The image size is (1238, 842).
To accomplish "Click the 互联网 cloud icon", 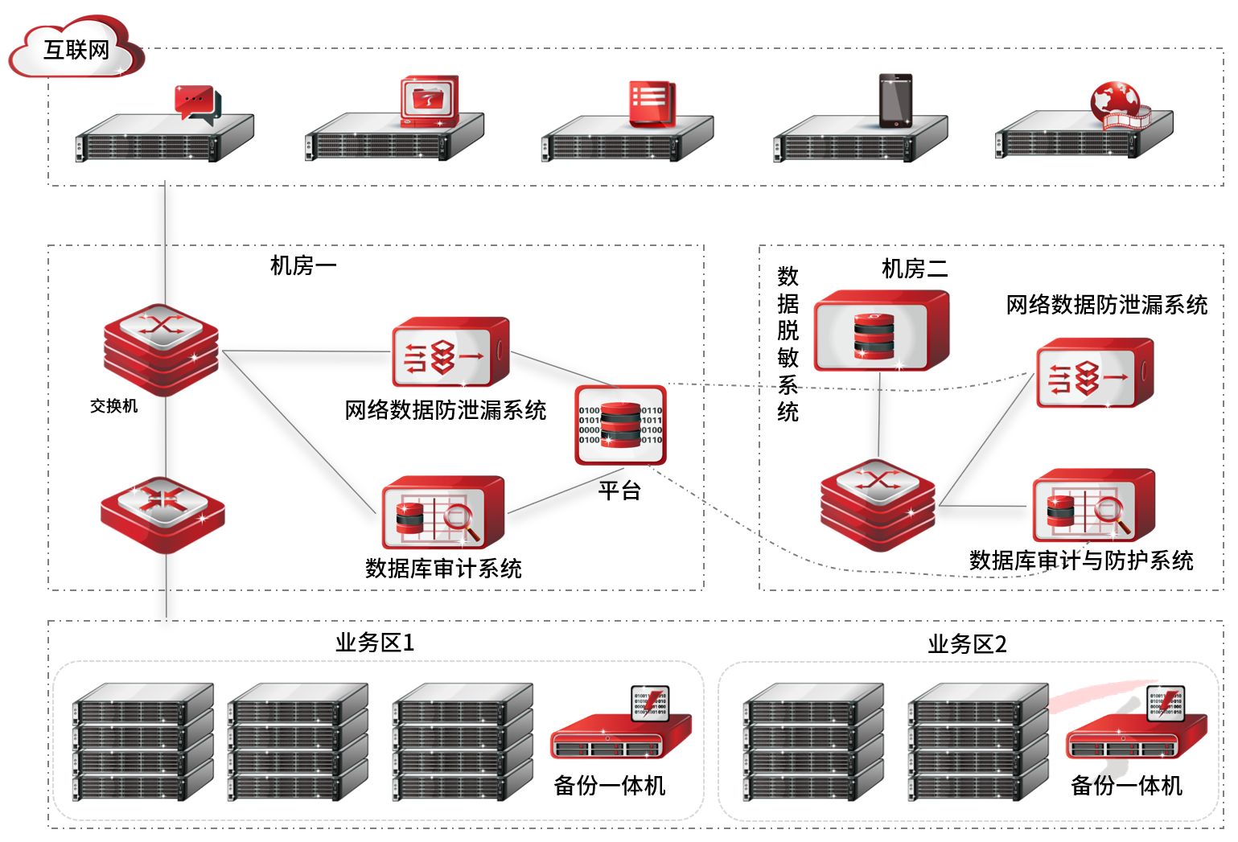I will point(76,50).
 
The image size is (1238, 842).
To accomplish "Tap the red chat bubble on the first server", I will point(195,103).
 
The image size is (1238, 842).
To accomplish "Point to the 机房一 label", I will point(302,265).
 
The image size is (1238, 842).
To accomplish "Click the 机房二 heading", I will point(914,269).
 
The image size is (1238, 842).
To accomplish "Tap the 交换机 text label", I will point(113,406).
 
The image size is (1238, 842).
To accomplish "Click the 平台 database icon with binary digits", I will point(620,425).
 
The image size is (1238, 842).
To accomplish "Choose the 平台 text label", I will point(619,490).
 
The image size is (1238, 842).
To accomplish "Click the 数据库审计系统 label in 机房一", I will point(443,569).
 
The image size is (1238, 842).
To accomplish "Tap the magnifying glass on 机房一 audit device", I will point(461,520).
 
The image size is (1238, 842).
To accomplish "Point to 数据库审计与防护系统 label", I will point(1080,561).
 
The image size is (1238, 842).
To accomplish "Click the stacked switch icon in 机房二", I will point(878,504).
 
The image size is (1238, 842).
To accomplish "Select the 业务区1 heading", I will point(375,643).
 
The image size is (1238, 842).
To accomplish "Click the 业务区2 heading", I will point(967,644).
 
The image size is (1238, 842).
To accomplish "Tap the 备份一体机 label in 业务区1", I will point(609,786).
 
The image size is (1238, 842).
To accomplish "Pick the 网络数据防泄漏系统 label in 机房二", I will point(1106,305).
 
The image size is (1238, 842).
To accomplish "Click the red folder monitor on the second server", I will point(430,101).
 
